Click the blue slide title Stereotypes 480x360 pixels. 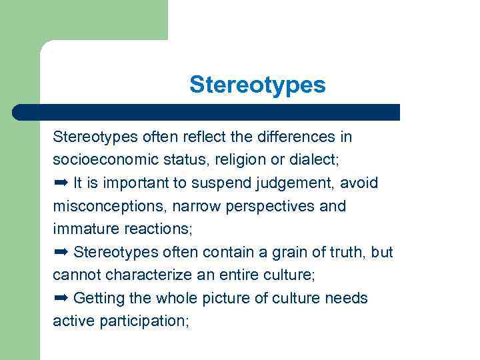point(257,85)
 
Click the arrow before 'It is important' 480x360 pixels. point(61,183)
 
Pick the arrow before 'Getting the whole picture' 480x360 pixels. point(61,297)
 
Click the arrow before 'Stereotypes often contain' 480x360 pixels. point(61,251)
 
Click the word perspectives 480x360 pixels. point(273,206)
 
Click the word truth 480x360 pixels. point(349,252)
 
